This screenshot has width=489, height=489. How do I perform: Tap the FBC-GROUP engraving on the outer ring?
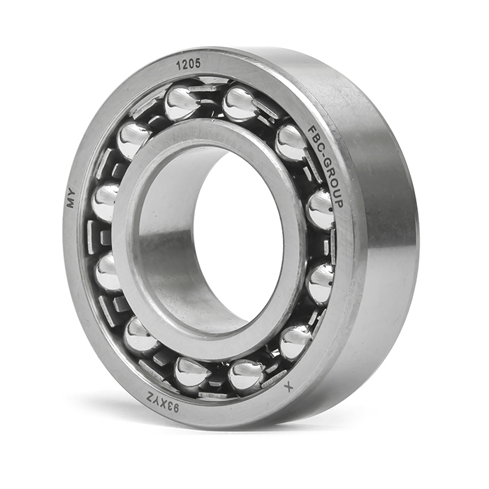(326, 166)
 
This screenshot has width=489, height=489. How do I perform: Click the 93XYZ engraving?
(163, 403)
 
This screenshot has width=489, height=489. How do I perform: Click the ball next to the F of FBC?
(291, 141)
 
